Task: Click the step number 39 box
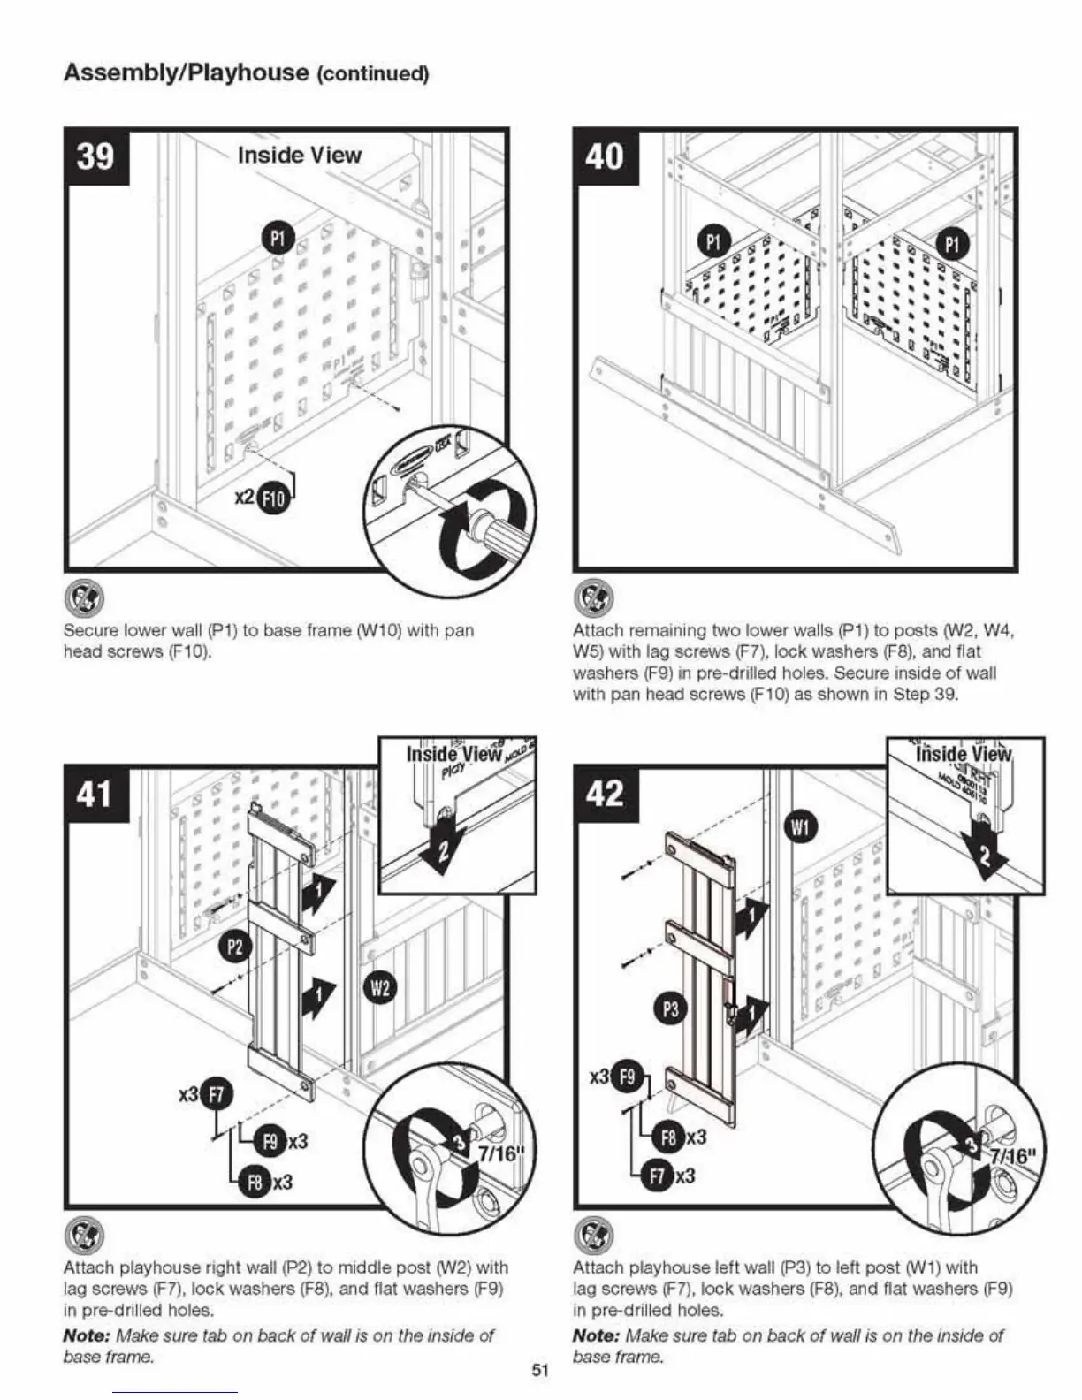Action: pos(96,157)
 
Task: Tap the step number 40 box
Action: pos(606,157)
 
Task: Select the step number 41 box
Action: pos(96,794)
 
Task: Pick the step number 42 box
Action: pos(606,794)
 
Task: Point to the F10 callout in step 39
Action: pos(274,499)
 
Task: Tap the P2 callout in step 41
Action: pos(234,947)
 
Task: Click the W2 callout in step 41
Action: pos(379,987)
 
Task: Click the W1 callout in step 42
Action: pos(799,827)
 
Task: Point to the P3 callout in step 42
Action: pos(671,1009)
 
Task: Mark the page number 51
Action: pos(541,1371)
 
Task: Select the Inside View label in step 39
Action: pos(300,156)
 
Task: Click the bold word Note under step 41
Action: pos(86,1335)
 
